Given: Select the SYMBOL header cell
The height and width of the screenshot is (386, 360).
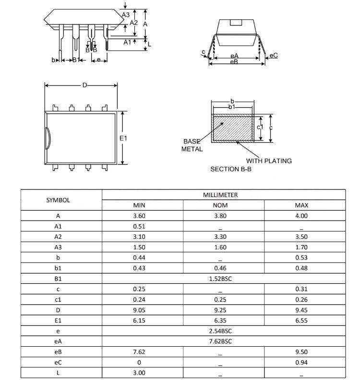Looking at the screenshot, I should click(58, 200).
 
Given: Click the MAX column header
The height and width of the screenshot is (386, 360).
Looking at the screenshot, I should click(301, 205).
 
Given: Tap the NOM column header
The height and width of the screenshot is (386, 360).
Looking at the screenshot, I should click(220, 205).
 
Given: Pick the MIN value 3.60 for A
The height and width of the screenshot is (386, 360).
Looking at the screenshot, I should click(139, 216).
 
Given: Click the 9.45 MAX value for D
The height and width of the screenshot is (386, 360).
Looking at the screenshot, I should click(301, 310).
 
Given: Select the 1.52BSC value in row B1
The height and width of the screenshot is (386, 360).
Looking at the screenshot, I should click(220, 279).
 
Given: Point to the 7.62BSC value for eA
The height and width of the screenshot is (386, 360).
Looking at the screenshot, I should click(220, 341).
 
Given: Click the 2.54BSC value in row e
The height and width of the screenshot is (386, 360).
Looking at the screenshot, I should click(220, 331).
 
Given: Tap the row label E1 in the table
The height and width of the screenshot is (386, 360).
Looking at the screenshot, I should click(58, 320).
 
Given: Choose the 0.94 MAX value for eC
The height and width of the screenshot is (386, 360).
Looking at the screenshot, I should click(301, 363).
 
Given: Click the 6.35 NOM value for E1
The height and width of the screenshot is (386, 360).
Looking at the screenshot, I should click(220, 320).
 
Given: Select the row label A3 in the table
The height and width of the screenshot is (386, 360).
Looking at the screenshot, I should click(58, 247).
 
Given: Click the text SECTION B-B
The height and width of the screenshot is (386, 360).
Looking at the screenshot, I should click(231, 169).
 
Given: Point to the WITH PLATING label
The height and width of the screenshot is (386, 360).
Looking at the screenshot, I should click(269, 161).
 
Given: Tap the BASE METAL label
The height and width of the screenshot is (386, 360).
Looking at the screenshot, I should click(192, 145).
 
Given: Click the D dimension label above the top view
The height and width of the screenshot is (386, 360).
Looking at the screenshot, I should click(84, 85).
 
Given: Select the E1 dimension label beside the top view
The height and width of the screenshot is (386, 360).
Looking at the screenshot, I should click(123, 138).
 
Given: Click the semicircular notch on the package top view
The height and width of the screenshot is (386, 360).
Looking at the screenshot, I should click(48, 138).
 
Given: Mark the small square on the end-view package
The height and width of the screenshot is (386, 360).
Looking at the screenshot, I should click(235, 22).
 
